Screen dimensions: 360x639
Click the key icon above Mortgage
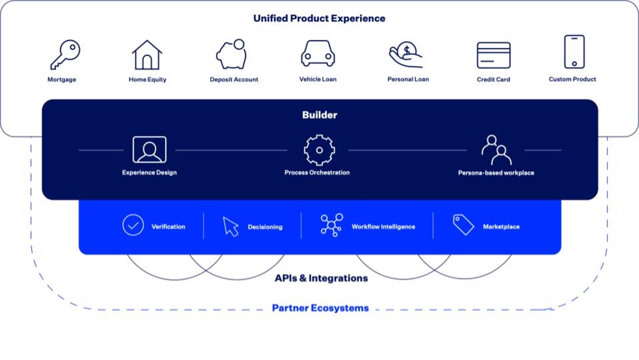click(65, 55)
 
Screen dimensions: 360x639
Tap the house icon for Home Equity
click(147, 55)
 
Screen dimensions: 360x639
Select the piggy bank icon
click(232, 54)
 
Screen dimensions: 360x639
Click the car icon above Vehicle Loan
click(318, 54)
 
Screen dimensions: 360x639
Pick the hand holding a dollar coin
click(405, 55)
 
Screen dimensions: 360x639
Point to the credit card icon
click(493, 55)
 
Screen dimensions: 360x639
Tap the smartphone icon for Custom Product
click(574, 52)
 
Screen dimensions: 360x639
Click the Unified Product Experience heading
click(319, 19)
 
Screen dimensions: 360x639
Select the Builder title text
click(319, 115)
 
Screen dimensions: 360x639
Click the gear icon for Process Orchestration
click(319, 150)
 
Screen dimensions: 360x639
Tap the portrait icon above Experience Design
click(149, 149)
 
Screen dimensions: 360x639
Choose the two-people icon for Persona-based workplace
click(496, 149)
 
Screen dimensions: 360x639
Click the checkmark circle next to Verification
click(133, 225)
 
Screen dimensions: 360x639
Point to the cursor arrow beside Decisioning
click(230, 227)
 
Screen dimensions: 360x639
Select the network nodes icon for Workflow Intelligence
click(331, 225)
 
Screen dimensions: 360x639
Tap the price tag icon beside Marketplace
click(463, 225)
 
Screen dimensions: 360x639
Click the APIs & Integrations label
click(321, 278)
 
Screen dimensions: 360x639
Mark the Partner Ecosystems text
click(320, 308)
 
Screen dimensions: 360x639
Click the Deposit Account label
click(234, 80)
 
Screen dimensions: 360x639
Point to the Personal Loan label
click(408, 80)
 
